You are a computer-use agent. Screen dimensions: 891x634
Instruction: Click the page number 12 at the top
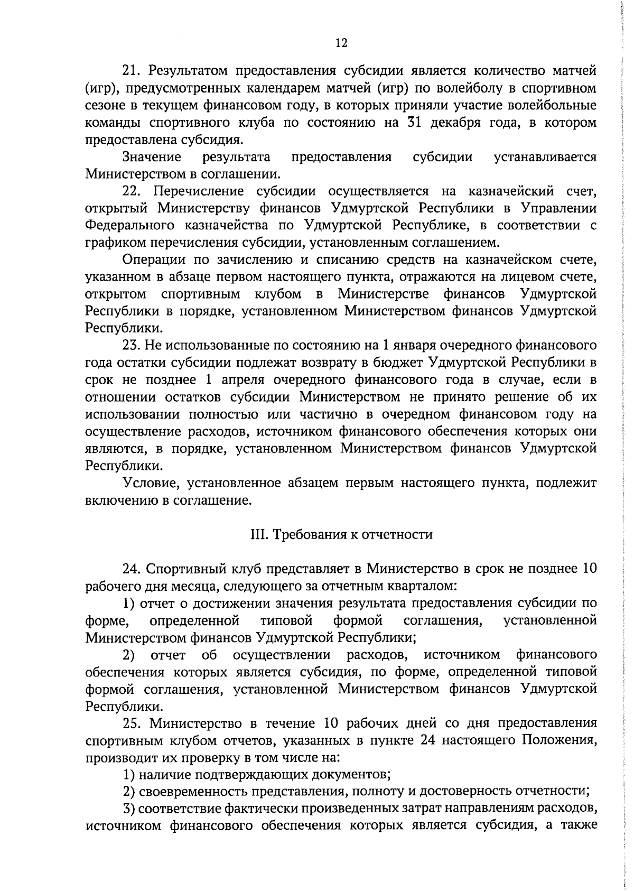(341, 43)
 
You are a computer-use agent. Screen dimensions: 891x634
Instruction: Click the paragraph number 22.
(132, 191)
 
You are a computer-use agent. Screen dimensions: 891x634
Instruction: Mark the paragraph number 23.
(132, 346)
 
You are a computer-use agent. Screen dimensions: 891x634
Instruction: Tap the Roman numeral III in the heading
(257, 534)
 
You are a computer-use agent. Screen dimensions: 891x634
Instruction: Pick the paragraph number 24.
(132, 569)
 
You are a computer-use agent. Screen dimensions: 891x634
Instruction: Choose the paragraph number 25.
(132, 723)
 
